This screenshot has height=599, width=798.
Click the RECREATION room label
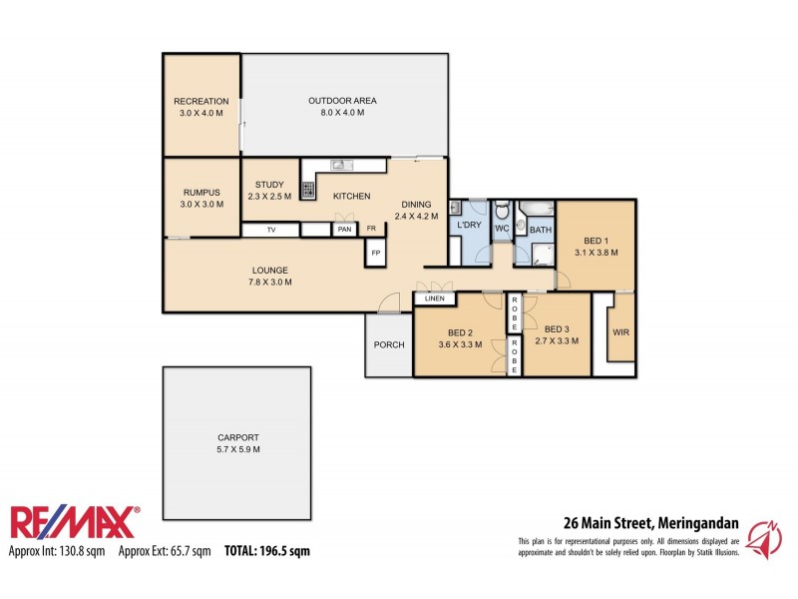pos(201,101)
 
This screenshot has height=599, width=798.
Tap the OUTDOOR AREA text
pos(335,101)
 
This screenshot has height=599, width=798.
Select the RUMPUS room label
pos(201,193)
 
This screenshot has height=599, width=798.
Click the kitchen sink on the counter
pos(339,165)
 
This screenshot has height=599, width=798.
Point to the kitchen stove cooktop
pos(308,187)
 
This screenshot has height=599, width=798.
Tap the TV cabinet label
pos(270,230)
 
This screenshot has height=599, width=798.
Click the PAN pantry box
pos(344,230)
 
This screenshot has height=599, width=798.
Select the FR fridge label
pos(371,230)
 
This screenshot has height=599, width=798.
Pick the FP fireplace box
pos(376,253)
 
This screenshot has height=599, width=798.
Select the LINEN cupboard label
pos(434,299)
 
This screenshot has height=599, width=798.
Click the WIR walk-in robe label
pos(619,332)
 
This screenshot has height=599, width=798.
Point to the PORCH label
pos(388,346)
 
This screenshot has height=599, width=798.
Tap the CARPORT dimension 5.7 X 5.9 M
pos(238,449)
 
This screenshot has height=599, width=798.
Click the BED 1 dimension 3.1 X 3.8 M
pos(596,253)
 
